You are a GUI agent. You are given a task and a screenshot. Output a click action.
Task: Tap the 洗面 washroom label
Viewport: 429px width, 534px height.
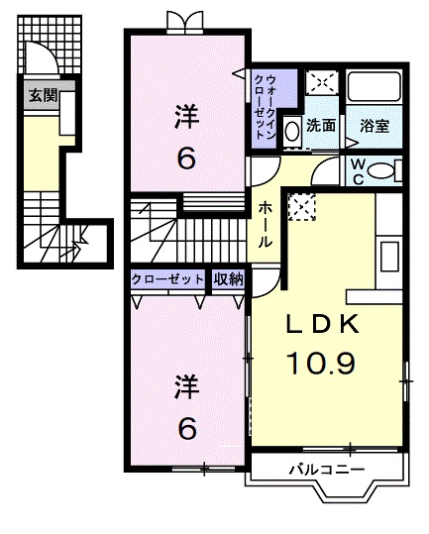point(320,126)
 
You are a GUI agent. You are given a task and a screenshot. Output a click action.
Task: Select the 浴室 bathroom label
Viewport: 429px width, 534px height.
point(373,126)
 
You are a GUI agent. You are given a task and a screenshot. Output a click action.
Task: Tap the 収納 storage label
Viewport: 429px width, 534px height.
point(228,280)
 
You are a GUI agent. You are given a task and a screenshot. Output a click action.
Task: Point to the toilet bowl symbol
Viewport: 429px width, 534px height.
point(381,172)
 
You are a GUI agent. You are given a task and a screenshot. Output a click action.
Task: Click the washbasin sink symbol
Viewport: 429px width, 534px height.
point(292,129)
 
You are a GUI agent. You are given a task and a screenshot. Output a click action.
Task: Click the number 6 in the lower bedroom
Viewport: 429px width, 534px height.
point(185,427)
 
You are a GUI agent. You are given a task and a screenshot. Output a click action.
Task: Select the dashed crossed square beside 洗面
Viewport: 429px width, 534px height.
point(320,83)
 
